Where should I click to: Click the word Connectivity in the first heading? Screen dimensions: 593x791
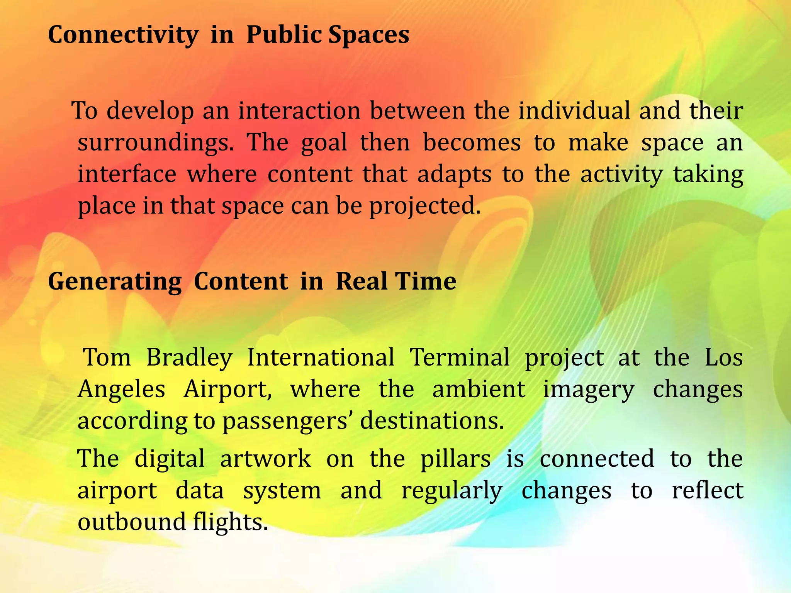click(x=123, y=36)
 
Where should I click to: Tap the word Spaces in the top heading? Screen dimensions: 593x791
click(x=369, y=36)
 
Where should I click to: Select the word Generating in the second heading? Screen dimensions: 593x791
click(x=115, y=281)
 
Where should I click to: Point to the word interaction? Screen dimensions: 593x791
click(x=299, y=111)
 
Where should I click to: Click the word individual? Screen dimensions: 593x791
click(x=574, y=111)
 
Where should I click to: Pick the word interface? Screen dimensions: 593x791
click(x=127, y=174)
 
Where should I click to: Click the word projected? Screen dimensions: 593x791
click(x=425, y=206)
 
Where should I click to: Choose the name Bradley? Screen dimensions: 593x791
click(x=189, y=357)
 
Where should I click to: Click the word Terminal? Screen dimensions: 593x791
click(x=460, y=357)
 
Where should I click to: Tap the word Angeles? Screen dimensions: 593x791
click(x=122, y=390)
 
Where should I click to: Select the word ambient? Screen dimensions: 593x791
click(x=479, y=389)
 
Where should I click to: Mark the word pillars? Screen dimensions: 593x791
click(x=455, y=459)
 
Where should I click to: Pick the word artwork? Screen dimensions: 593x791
click(x=265, y=459)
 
